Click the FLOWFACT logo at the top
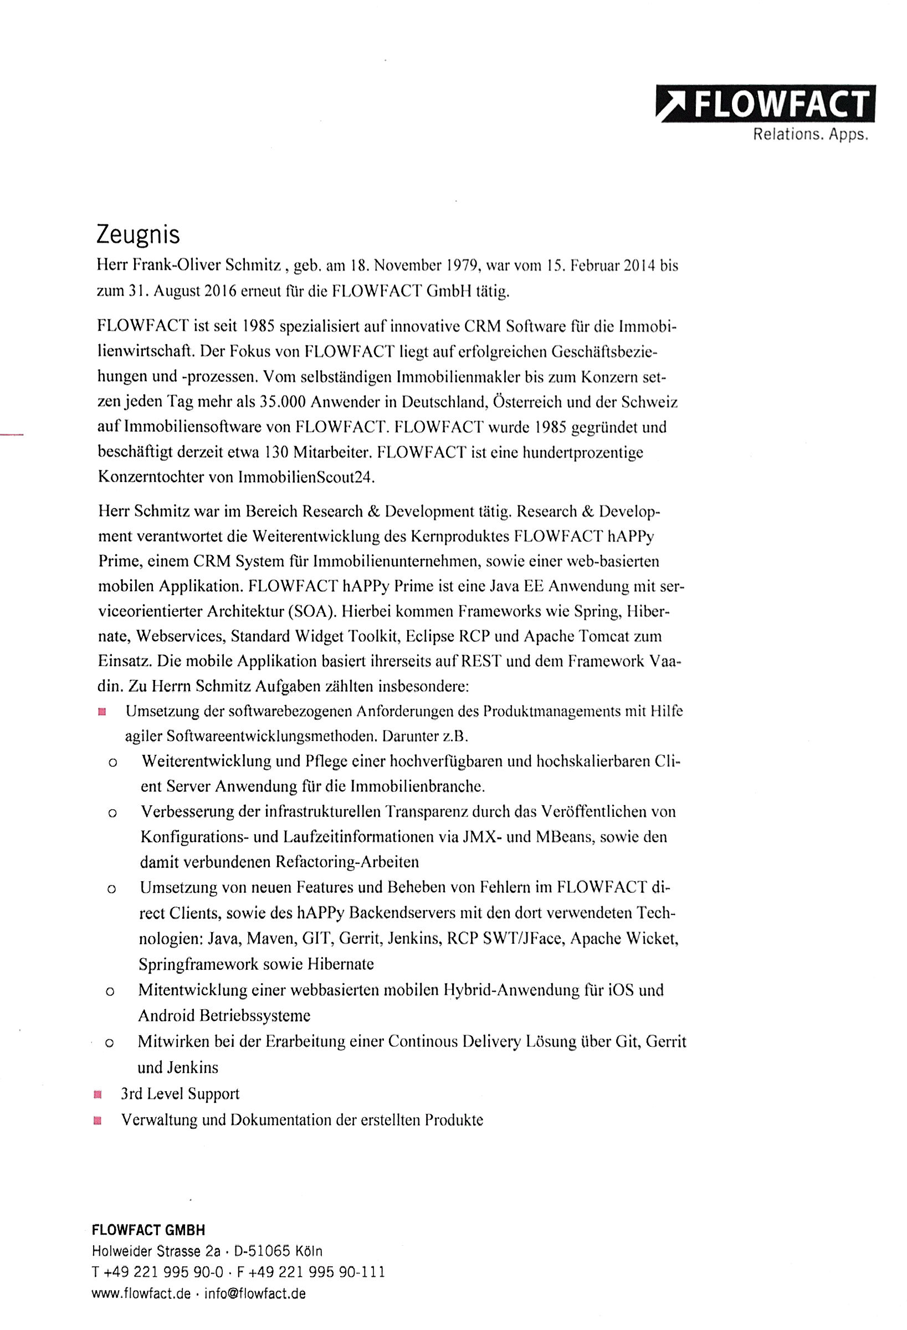pos(765,104)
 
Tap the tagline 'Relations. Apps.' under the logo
pos(810,135)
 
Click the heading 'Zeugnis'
pos(138,234)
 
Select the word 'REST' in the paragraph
pos(481,662)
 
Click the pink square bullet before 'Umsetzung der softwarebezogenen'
pos(102,713)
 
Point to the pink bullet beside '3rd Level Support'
pos(98,1095)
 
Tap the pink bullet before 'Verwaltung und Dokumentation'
pos(98,1121)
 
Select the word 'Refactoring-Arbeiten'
pos(347,862)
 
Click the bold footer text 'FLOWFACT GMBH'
pos(148,1230)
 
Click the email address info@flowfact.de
pos(255,1294)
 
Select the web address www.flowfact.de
pos(141,1294)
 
